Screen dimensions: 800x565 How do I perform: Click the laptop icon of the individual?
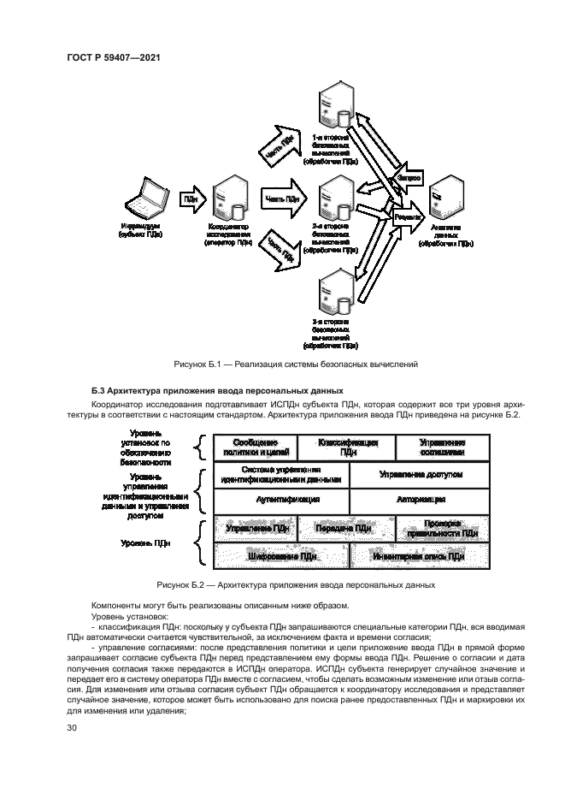pos(145,199)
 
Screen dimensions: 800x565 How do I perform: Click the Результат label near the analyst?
pos(406,218)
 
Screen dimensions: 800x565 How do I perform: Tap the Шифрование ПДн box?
pos(281,556)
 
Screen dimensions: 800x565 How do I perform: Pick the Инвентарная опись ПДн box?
pos(419,556)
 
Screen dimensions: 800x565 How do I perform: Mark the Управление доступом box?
pos(419,474)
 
